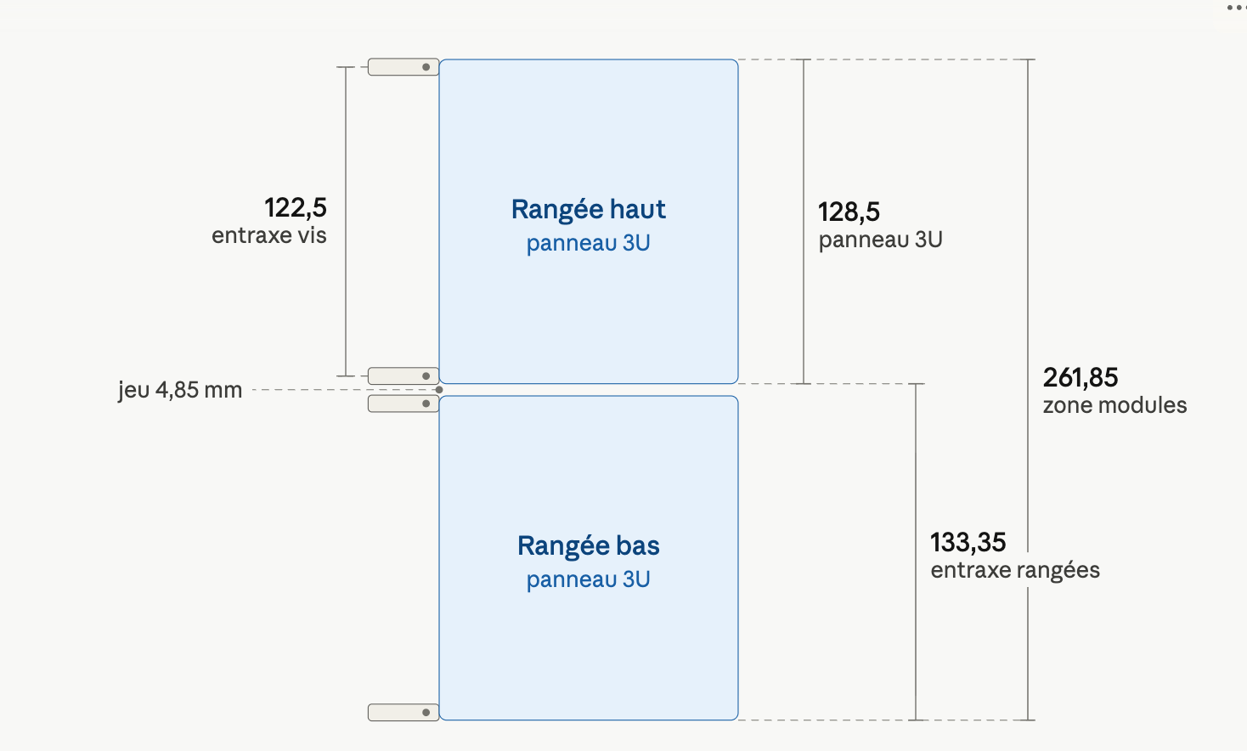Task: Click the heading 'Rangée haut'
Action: (x=589, y=210)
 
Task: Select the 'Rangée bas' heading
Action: (x=589, y=545)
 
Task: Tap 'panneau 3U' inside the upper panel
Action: (x=589, y=243)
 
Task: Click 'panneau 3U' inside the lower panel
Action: (x=589, y=579)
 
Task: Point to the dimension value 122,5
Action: (x=295, y=208)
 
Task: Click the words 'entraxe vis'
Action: (x=269, y=235)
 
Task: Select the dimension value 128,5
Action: (x=849, y=212)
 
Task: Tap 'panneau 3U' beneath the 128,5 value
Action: (x=881, y=240)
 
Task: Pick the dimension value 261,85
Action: (x=1080, y=377)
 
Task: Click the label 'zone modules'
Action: (x=1114, y=405)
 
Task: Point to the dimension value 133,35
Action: (x=968, y=542)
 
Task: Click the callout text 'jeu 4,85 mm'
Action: (x=180, y=390)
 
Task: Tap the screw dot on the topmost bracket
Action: (x=426, y=67)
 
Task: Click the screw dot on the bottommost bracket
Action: (x=426, y=712)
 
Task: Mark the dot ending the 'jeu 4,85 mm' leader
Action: (x=439, y=390)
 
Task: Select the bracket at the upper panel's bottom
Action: (x=403, y=375)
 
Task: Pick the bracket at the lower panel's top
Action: (x=403, y=404)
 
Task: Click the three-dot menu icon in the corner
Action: (x=1236, y=8)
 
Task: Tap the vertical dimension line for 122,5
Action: (x=346, y=222)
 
